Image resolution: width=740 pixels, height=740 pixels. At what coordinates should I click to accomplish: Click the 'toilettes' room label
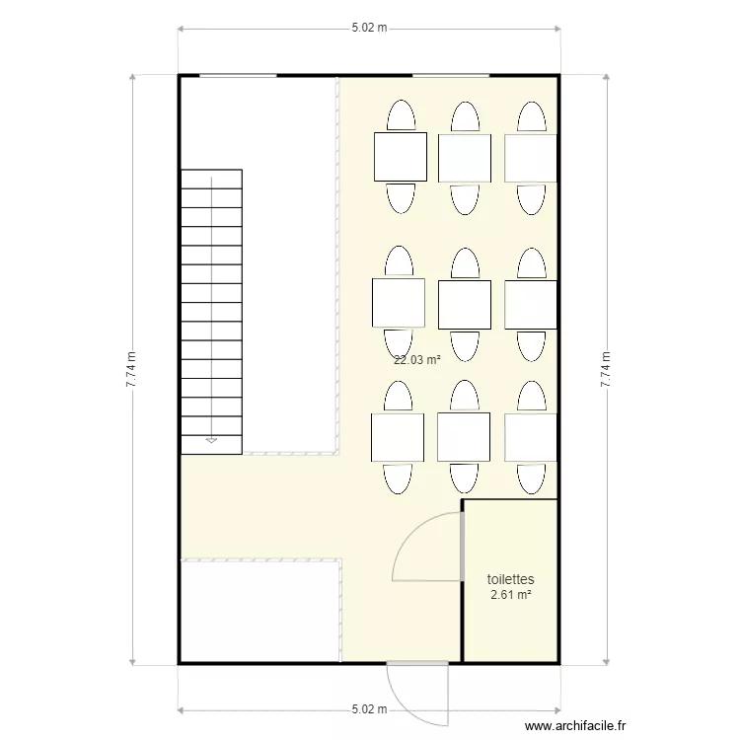point(510,580)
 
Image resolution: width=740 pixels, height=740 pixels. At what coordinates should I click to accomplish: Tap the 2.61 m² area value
point(510,595)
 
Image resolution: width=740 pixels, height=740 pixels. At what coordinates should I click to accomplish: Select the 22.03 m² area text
point(416,360)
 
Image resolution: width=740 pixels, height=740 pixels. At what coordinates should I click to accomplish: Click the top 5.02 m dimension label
point(369,29)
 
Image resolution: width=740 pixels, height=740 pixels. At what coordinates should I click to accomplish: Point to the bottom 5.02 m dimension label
point(369,708)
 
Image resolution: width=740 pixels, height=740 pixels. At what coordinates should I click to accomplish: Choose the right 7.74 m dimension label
point(606,370)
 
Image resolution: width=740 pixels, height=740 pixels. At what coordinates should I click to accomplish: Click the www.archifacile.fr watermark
point(575,726)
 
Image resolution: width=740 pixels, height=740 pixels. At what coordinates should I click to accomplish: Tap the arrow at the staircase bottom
point(211,440)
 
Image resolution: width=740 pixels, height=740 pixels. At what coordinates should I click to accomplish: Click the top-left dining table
point(400,157)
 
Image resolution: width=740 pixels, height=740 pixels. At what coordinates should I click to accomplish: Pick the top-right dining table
point(531,158)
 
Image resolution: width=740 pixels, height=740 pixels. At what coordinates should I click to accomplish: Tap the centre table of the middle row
point(465,304)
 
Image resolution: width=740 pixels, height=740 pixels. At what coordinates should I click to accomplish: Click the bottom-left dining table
point(398,437)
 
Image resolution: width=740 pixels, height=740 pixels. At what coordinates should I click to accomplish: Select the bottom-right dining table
point(531,437)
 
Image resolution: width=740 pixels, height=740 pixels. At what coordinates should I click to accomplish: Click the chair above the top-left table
point(401,115)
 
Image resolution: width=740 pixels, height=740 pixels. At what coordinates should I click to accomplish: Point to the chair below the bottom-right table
point(531,478)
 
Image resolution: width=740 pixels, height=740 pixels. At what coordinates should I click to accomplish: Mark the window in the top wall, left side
point(238,75)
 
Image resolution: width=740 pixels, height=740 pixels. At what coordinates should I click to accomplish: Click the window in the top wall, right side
point(451,75)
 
